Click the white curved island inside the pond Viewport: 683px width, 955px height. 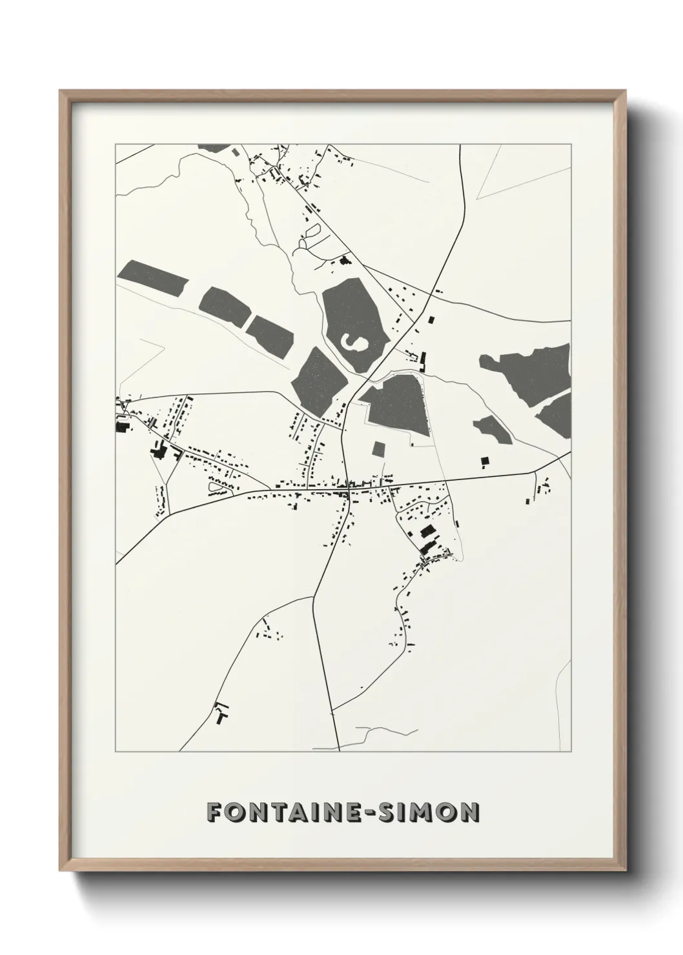tap(354, 343)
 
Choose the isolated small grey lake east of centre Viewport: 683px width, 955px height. tap(493, 430)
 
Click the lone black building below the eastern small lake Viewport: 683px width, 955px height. tap(484, 460)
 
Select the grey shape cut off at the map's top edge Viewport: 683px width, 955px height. tap(216, 148)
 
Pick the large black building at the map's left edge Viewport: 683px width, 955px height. tap(121, 426)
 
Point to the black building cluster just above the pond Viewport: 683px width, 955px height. tap(343, 261)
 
